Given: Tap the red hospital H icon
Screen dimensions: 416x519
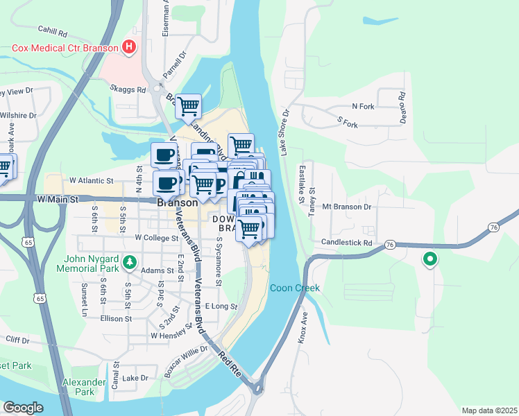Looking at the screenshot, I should (x=128, y=48).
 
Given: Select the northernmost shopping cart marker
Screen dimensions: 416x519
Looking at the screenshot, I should (x=188, y=107).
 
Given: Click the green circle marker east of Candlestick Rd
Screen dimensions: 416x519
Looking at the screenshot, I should (x=429, y=260).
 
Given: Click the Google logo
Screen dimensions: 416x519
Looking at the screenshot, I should (x=23, y=407).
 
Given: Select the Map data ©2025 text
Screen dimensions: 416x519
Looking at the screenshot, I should (x=488, y=410).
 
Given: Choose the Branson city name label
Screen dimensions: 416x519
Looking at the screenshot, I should (x=178, y=205).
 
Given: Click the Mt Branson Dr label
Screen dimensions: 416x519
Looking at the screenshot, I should (x=347, y=207).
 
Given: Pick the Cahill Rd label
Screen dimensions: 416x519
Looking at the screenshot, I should (x=53, y=32).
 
